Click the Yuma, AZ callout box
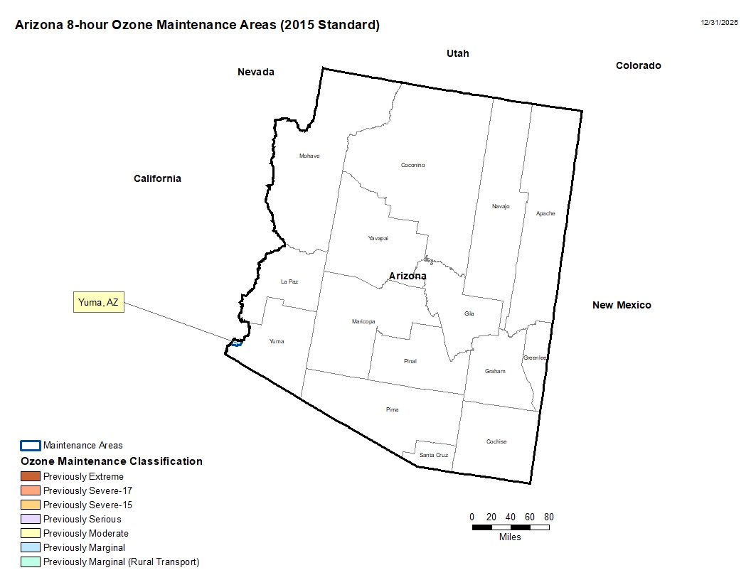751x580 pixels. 99,302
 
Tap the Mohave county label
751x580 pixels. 309,156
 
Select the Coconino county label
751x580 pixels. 412,165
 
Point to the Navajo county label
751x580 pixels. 501,206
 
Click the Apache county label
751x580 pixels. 545,213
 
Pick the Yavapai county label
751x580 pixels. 378,238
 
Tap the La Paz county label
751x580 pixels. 289,281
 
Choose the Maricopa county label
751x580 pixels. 363,321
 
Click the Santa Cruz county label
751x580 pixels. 433,455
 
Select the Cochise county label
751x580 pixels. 496,441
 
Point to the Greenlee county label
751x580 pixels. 535,358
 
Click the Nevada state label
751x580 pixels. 256,72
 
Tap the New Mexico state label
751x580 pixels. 622,305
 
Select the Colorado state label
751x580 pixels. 638,65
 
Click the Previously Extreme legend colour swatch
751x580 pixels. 31,476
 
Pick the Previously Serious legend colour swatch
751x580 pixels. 31,519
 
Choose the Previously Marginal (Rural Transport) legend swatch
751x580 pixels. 31,562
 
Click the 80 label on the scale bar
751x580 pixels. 549,517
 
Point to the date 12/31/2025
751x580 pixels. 719,23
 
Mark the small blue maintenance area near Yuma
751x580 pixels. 238,343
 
